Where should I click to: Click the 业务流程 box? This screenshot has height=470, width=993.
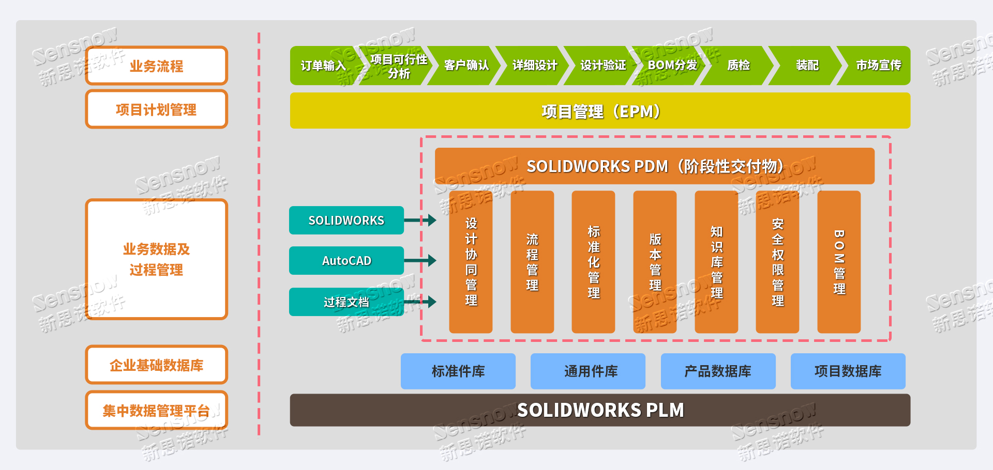pyautogui.click(x=156, y=66)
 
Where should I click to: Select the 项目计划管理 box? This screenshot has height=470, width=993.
pyautogui.click(x=156, y=109)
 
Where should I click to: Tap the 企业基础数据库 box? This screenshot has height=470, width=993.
pyautogui.click(x=156, y=365)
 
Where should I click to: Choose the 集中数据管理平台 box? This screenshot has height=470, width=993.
pyautogui.click(x=156, y=411)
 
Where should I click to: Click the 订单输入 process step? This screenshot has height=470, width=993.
pyautogui.click(x=323, y=66)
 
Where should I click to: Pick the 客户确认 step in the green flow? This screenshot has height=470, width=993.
pyautogui.click(x=466, y=66)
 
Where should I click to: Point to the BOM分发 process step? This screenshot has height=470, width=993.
pyautogui.click(x=672, y=66)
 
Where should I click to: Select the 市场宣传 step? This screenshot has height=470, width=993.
pyautogui.click(x=878, y=66)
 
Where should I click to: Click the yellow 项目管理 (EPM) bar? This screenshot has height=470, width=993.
pyautogui.click(x=600, y=111)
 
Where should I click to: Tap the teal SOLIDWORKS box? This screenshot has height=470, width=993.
pyautogui.click(x=346, y=221)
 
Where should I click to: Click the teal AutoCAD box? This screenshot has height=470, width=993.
pyautogui.click(x=346, y=261)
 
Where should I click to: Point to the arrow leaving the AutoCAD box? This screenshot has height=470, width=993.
pyautogui.click(x=420, y=261)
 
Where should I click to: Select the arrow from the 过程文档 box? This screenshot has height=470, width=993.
pyautogui.click(x=420, y=302)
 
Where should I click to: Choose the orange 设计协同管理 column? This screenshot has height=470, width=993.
pyautogui.click(x=471, y=262)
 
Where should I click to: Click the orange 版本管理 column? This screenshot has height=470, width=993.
pyautogui.click(x=655, y=262)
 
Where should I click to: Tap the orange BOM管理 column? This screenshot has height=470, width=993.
pyautogui.click(x=839, y=262)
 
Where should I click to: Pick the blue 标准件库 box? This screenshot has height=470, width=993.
pyautogui.click(x=458, y=371)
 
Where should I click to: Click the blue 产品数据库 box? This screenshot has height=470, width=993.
pyautogui.click(x=718, y=371)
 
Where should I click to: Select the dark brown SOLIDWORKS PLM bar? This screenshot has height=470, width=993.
pyautogui.click(x=600, y=410)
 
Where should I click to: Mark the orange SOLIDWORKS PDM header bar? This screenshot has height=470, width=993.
pyautogui.click(x=654, y=166)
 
